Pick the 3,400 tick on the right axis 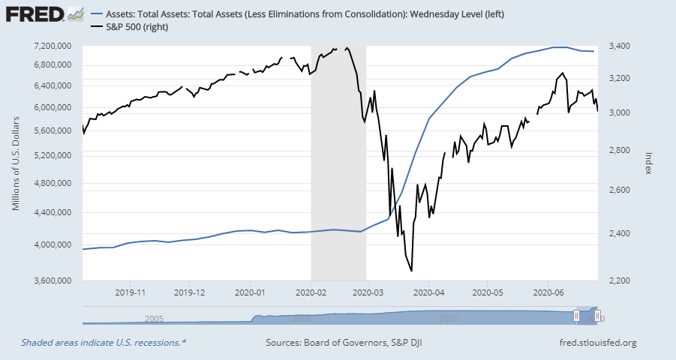pos(625,46)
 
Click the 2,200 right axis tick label pos(625,281)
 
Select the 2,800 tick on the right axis pos(625,151)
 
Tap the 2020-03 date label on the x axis pos(368,292)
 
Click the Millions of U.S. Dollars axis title pos(16,164)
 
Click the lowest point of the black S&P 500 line pos(411,271)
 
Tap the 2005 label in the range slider pos(155,319)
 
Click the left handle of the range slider pos(577,316)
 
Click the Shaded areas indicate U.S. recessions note pos(104,343)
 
